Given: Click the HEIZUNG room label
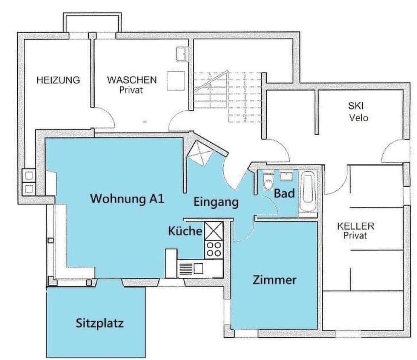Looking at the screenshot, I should [58, 80].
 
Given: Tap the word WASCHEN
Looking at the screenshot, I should [132, 80].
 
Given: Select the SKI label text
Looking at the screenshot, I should [356, 106].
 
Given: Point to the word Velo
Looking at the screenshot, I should [358, 117].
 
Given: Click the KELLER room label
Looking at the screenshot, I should [356, 226].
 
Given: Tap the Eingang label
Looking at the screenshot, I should [216, 202].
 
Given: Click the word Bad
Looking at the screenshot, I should [285, 193].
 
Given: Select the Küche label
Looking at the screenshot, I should [185, 231].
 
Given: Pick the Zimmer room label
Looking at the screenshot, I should [275, 280].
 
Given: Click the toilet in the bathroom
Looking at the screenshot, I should [268, 183].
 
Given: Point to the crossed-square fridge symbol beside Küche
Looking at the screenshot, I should [213, 230].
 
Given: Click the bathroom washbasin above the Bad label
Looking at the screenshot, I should [287, 176].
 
